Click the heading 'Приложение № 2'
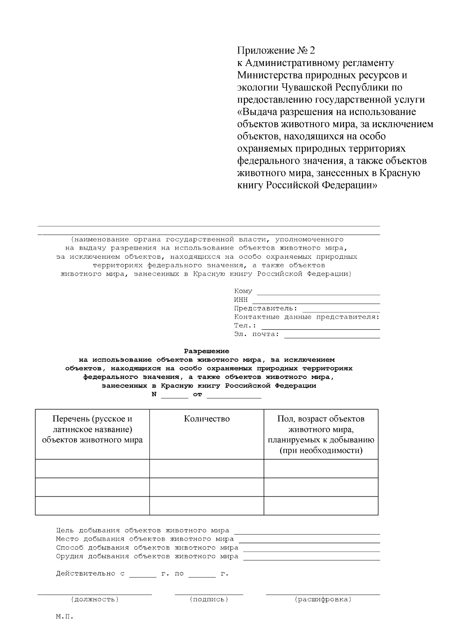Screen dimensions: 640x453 [276, 51]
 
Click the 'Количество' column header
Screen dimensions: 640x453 [206, 419]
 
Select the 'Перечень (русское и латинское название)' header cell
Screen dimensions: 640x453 [92, 429]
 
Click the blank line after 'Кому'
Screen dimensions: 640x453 [318, 292]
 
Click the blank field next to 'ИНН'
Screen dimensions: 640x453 [316, 301]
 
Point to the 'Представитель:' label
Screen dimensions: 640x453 [266, 308]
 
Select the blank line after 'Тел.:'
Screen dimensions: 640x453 [320, 327]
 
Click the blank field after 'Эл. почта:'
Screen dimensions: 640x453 [331, 335]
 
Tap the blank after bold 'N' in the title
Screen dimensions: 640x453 [174, 395]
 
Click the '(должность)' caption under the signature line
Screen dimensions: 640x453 [95, 599]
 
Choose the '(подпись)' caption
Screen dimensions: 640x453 [209, 599]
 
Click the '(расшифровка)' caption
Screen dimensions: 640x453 [323, 599]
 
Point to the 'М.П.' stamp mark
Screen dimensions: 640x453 [64, 617]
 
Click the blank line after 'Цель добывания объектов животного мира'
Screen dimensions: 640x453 [307, 532]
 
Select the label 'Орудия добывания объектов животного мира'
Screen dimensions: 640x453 [147, 556]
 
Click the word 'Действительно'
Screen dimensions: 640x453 [86, 574]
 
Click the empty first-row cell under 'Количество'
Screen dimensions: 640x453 [206, 469]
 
